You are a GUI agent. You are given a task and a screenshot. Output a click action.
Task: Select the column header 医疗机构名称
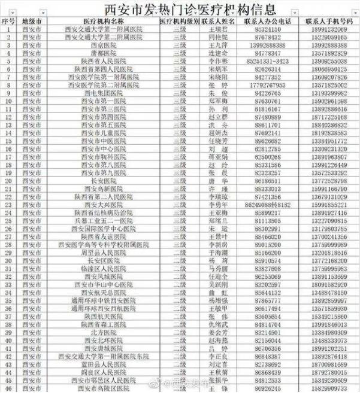104,21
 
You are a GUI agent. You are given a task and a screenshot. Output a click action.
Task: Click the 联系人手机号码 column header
329,21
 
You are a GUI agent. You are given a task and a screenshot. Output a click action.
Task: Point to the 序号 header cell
8,21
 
